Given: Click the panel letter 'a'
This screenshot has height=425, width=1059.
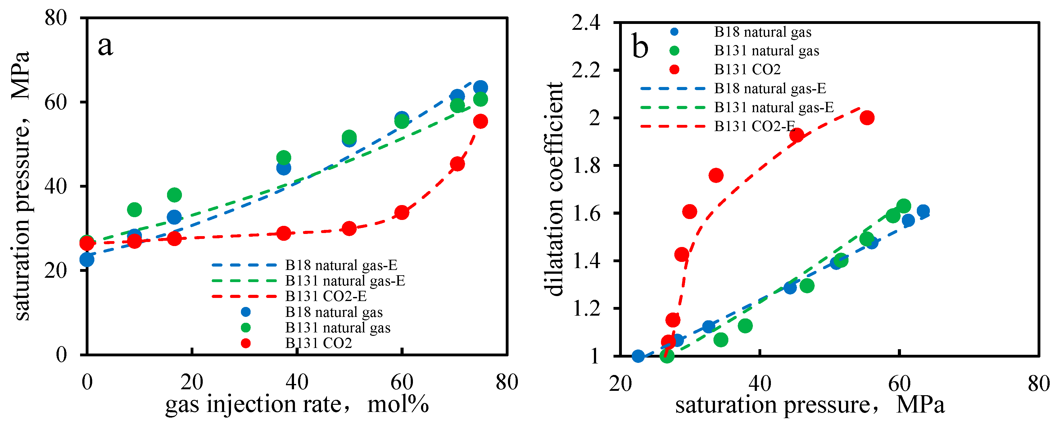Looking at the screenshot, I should [x=105, y=46].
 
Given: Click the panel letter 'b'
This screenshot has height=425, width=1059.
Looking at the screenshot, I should [x=640, y=47].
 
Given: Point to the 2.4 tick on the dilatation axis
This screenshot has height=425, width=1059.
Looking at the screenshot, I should [x=586, y=23].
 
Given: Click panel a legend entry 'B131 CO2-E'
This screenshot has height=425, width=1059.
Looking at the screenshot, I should [x=326, y=296].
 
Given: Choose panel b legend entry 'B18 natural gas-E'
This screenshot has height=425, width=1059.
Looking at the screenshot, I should [x=770, y=89].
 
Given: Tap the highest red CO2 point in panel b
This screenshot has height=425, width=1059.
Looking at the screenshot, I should [x=867, y=118].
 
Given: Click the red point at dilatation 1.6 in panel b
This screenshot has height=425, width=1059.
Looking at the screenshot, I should [x=690, y=212].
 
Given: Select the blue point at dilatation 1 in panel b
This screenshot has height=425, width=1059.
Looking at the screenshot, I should [x=638, y=356].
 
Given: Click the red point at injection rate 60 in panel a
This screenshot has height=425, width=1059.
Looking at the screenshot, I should [x=402, y=213].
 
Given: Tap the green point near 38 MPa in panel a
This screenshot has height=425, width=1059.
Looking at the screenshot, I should [x=174, y=194].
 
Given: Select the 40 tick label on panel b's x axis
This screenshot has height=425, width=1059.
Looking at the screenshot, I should [x=759, y=383].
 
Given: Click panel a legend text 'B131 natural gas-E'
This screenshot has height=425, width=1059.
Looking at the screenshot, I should [x=345, y=281].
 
